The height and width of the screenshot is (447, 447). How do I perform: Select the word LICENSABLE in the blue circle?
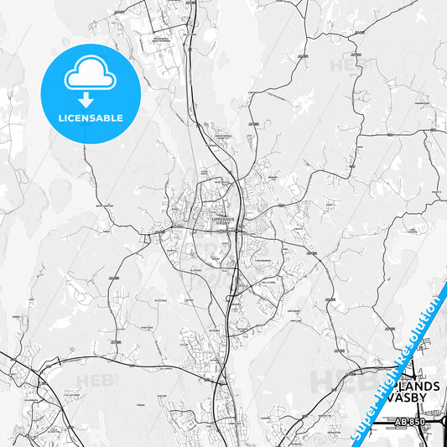(91, 118)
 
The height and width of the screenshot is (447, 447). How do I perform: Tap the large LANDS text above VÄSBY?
(417, 385)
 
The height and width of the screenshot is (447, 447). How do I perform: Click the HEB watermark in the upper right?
(343, 65)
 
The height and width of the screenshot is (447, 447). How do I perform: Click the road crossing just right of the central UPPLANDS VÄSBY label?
(239, 225)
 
